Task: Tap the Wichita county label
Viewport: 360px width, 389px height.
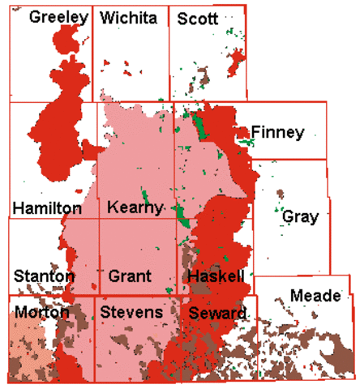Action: [127, 17]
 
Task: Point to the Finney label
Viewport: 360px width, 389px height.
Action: [277, 132]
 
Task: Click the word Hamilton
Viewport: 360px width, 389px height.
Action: [47, 208]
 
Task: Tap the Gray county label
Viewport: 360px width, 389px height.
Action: [300, 216]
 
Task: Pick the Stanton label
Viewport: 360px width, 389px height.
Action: [43, 276]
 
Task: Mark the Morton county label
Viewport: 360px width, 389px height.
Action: [41, 312]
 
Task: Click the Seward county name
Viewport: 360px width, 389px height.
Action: [214, 313]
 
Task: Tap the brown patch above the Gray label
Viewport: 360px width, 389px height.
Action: [281, 194]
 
